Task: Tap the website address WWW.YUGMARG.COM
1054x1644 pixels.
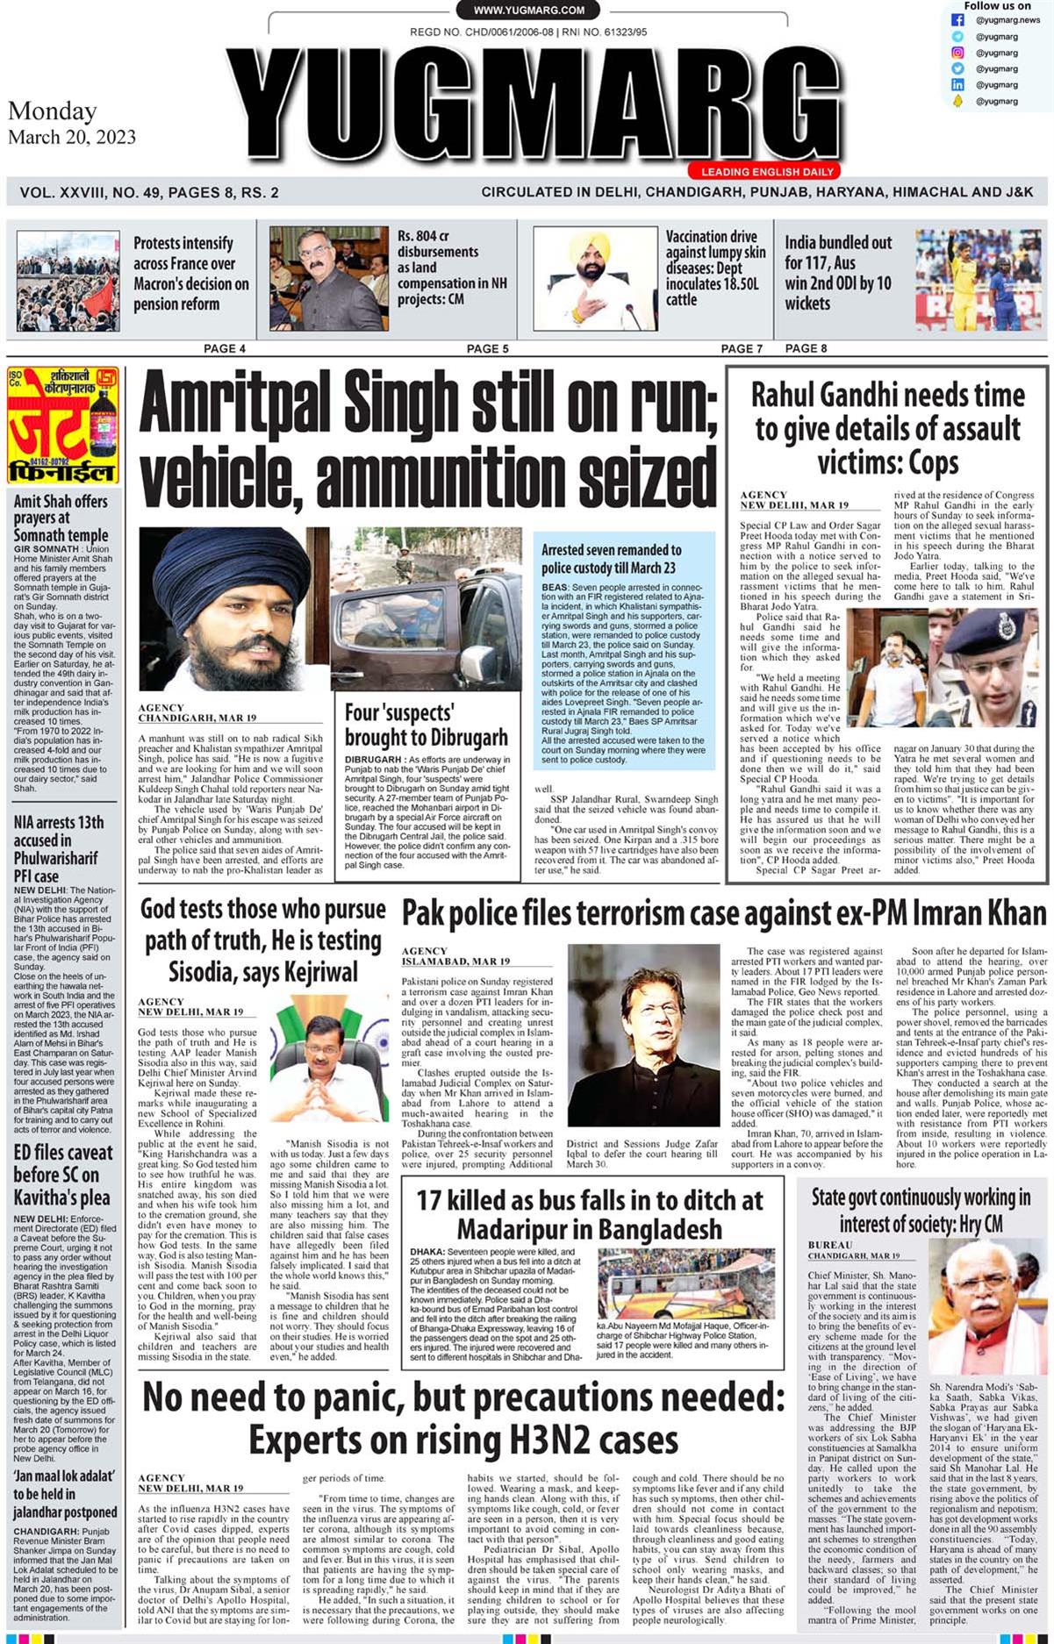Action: [x=528, y=11]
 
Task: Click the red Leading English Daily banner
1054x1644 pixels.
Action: [x=767, y=172]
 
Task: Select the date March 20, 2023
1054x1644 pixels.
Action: [x=72, y=137]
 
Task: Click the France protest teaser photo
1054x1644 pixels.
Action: [x=68, y=281]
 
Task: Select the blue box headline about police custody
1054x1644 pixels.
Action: [x=611, y=559]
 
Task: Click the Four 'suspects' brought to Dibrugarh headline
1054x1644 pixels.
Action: [x=426, y=725]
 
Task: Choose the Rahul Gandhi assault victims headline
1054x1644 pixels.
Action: [x=887, y=429]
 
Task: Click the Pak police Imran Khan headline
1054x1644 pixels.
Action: [x=724, y=914]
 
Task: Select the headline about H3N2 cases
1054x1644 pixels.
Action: [x=463, y=1417]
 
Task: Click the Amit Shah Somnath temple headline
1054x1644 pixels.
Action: [x=61, y=518]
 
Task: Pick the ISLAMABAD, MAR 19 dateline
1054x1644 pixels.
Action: [x=455, y=961]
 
